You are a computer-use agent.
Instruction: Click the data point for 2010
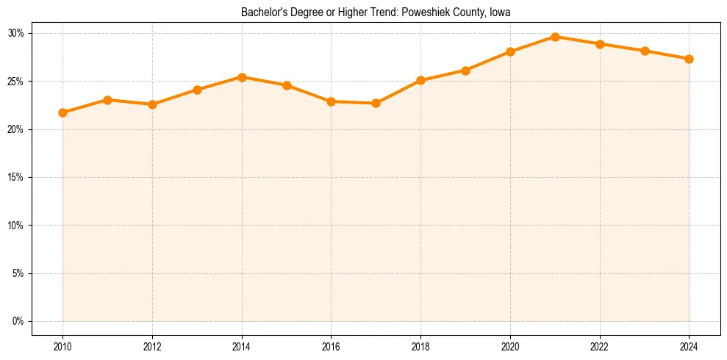(62, 112)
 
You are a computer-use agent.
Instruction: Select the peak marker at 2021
(555, 37)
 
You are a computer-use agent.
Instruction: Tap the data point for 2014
(242, 77)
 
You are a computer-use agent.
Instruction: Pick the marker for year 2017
(376, 103)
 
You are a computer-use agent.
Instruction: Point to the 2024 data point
(689, 59)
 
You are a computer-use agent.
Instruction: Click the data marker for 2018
(420, 80)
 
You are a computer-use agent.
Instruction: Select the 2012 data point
(152, 104)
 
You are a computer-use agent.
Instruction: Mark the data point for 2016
(331, 101)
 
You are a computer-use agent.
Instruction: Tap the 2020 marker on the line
(510, 51)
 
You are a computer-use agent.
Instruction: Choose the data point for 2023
(645, 51)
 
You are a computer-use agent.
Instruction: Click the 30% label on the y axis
(16, 33)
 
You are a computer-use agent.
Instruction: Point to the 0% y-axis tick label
(18, 321)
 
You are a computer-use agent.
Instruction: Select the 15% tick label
(16, 177)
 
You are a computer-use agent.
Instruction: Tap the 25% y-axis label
(16, 82)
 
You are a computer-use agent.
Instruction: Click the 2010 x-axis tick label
(62, 345)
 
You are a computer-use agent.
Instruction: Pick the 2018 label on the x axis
(420, 345)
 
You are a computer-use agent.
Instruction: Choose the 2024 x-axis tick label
(689, 345)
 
